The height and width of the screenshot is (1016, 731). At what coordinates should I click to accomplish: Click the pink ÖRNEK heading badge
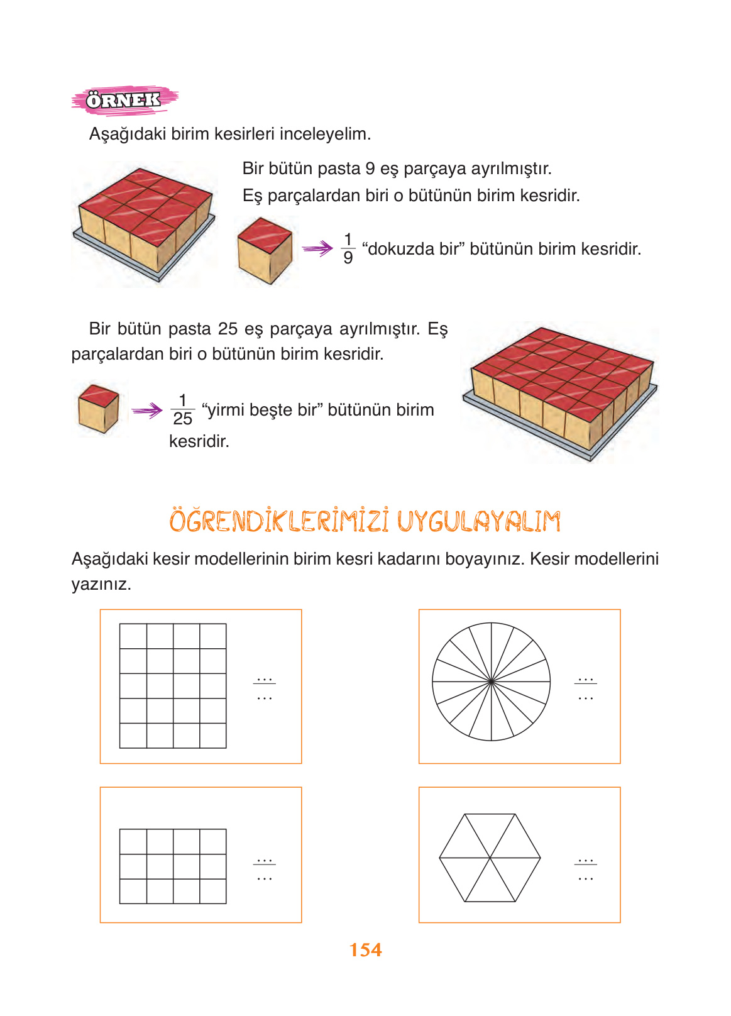click(x=124, y=100)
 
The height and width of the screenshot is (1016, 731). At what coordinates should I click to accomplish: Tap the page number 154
click(x=366, y=950)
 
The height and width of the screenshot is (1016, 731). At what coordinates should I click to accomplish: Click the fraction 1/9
click(x=348, y=248)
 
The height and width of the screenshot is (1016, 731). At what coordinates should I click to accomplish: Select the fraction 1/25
click(x=183, y=409)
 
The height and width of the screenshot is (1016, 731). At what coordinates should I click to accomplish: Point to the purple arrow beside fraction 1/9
click(x=318, y=248)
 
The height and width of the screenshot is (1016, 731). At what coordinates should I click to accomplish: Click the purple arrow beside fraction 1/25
click(x=147, y=410)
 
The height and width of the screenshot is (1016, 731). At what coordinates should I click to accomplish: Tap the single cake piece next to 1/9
click(x=265, y=250)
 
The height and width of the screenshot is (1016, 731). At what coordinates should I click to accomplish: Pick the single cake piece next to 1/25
click(x=99, y=409)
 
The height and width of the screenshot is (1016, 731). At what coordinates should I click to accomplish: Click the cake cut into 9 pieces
click(x=144, y=223)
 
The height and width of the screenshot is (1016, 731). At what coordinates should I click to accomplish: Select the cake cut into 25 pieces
click(x=561, y=392)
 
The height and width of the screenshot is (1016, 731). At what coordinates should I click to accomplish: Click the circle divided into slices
click(x=491, y=682)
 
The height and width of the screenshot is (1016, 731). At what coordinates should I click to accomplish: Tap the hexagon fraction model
click(x=490, y=858)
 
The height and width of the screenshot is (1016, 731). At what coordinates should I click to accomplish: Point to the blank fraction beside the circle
click(x=585, y=689)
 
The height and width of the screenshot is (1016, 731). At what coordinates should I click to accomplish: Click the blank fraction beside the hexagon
click(x=585, y=870)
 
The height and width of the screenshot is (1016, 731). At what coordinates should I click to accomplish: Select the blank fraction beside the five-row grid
click(x=265, y=689)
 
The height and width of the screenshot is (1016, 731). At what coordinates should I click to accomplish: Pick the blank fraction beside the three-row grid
click(x=265, y=870)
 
